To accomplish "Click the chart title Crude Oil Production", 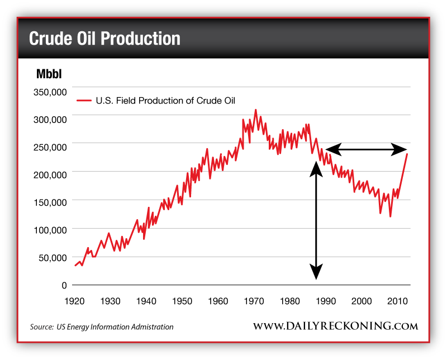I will tap(104, 38).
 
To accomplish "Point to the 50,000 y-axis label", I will tap(54, 257).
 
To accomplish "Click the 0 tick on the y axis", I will tap(64, 285).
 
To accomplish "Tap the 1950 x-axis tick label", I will tap(182, 301).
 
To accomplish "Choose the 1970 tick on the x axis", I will tap(254, 301).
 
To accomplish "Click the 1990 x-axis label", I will tap(326, 301).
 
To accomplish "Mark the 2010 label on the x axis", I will tap(397, 301).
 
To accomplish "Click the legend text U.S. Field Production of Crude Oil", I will tap(165, 101).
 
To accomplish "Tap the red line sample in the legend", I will tap(84, 101).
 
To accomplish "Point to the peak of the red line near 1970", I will tap(256, 110).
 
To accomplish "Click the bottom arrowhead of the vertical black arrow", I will tap(316, 273).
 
